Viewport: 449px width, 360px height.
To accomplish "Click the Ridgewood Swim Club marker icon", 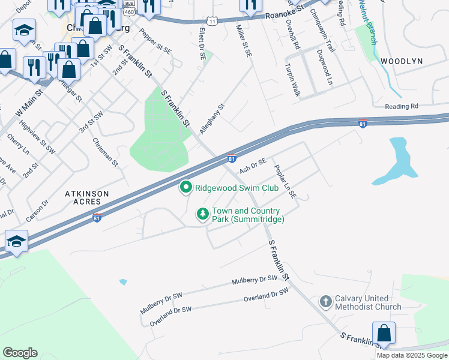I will [186, 188].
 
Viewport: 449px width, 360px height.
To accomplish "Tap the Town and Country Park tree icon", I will [203, 214].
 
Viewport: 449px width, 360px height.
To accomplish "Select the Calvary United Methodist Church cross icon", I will [325, 301].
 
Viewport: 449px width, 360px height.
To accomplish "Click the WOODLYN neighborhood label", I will [402, 61].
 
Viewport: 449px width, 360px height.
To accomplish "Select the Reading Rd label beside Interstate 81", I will [402, 106].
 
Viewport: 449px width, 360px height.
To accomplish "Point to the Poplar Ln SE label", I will [286, 182].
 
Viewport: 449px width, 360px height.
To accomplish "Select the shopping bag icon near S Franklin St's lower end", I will [384, 334].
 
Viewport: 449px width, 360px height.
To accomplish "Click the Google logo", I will [20, 353].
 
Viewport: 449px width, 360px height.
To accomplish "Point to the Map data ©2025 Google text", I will [412, 355].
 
